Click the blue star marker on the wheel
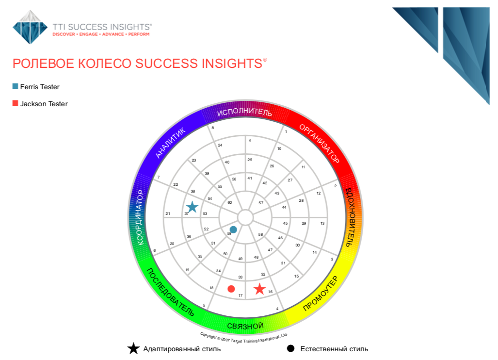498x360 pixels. coord(192,207)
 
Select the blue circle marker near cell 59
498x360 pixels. coord(233,229)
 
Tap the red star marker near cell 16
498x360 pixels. coord(259,289)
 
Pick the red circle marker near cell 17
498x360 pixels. coord(231,289)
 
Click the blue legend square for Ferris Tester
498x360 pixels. coord(15,86)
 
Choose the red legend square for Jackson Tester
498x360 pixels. coord(15,103)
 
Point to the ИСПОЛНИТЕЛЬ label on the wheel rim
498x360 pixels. coord(244,112)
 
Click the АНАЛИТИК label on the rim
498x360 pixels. coord(170,143)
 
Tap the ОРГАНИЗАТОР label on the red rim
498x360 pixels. coord(320,144)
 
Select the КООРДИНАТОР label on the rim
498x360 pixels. coord(140,217)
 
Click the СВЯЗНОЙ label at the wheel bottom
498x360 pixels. coord(245,326)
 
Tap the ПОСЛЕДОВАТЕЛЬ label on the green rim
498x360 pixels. coord(170,292)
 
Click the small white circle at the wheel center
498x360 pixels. coord(245,218)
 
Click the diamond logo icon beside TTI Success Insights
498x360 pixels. coord(30,27)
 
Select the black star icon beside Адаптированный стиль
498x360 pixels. coord(133,348)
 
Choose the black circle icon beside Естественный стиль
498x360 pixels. coord(290,348)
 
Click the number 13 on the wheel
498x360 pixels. coord(322,223)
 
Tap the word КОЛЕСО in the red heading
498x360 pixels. coord(105,64)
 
